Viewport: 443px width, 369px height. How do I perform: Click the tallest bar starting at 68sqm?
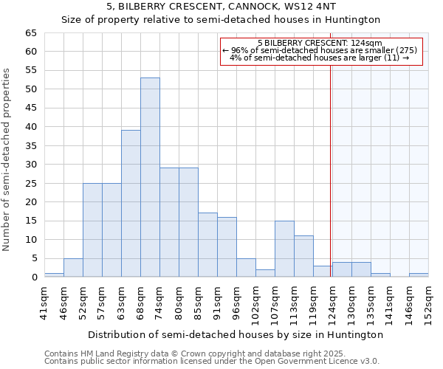pos(150,177)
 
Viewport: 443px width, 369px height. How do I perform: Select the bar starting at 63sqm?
pos(131,204)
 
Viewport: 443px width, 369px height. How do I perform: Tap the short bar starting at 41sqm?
pos(54,275)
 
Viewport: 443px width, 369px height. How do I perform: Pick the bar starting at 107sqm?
pos(284,249)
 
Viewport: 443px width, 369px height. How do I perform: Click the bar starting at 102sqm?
pos(265,273)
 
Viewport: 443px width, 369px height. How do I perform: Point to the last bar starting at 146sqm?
pos(419,275)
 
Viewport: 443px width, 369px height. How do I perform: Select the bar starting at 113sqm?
pos(303,256)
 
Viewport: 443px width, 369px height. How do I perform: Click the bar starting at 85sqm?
pos(207,245)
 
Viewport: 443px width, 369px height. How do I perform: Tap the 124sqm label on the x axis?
pos(332,303)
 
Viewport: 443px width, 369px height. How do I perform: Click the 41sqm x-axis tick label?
pos(44,303)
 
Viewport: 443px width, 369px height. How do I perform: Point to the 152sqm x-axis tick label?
pos(428,303)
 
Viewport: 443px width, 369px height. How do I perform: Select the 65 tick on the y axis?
pos(30,33)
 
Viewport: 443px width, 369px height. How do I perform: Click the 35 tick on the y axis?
pos(30,145)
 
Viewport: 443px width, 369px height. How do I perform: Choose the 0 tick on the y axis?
pos(33,277)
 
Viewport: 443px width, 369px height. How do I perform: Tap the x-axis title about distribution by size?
pos(235,334)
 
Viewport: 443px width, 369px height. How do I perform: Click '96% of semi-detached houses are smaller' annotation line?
pos(320,49)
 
